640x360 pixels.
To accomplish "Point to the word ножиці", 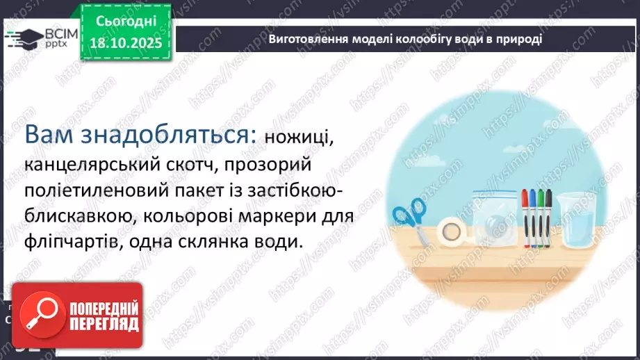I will (297, 138).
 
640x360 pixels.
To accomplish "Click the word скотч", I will (189, 166).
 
